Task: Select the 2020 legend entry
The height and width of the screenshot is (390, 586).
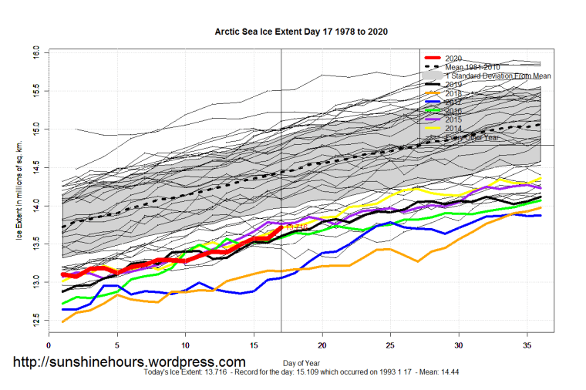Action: [x=453, y=59]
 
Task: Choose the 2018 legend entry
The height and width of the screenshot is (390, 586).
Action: [x=453, y=93]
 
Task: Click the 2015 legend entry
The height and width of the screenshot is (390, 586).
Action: [x=453, y=119]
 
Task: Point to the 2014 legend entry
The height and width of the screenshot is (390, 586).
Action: [x=453, y=128]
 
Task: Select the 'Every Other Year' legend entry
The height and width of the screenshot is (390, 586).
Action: [x=472, y=137]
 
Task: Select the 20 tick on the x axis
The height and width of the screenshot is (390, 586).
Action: [x=322, y=346]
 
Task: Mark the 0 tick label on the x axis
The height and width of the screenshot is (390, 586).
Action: [x=49, y=346]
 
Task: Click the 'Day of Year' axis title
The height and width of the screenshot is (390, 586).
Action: [x=301, y=361]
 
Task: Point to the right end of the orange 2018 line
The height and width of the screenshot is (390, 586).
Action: [x=541, y=207]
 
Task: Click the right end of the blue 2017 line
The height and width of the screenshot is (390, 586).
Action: [x=541, y=216]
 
